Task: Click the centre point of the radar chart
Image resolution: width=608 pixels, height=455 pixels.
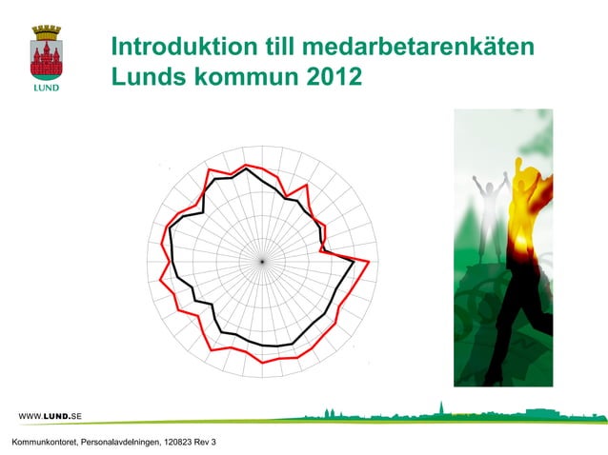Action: coord(260,260)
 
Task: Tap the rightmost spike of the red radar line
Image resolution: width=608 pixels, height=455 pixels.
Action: coord(368,262)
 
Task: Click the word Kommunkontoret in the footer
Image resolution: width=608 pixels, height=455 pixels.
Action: coord(41,443)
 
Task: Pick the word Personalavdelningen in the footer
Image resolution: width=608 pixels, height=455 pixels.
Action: coord(120,443)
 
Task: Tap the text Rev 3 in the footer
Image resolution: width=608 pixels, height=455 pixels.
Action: coord(206,443)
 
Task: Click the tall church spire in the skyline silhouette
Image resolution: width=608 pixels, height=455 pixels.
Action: coord(439,407)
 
